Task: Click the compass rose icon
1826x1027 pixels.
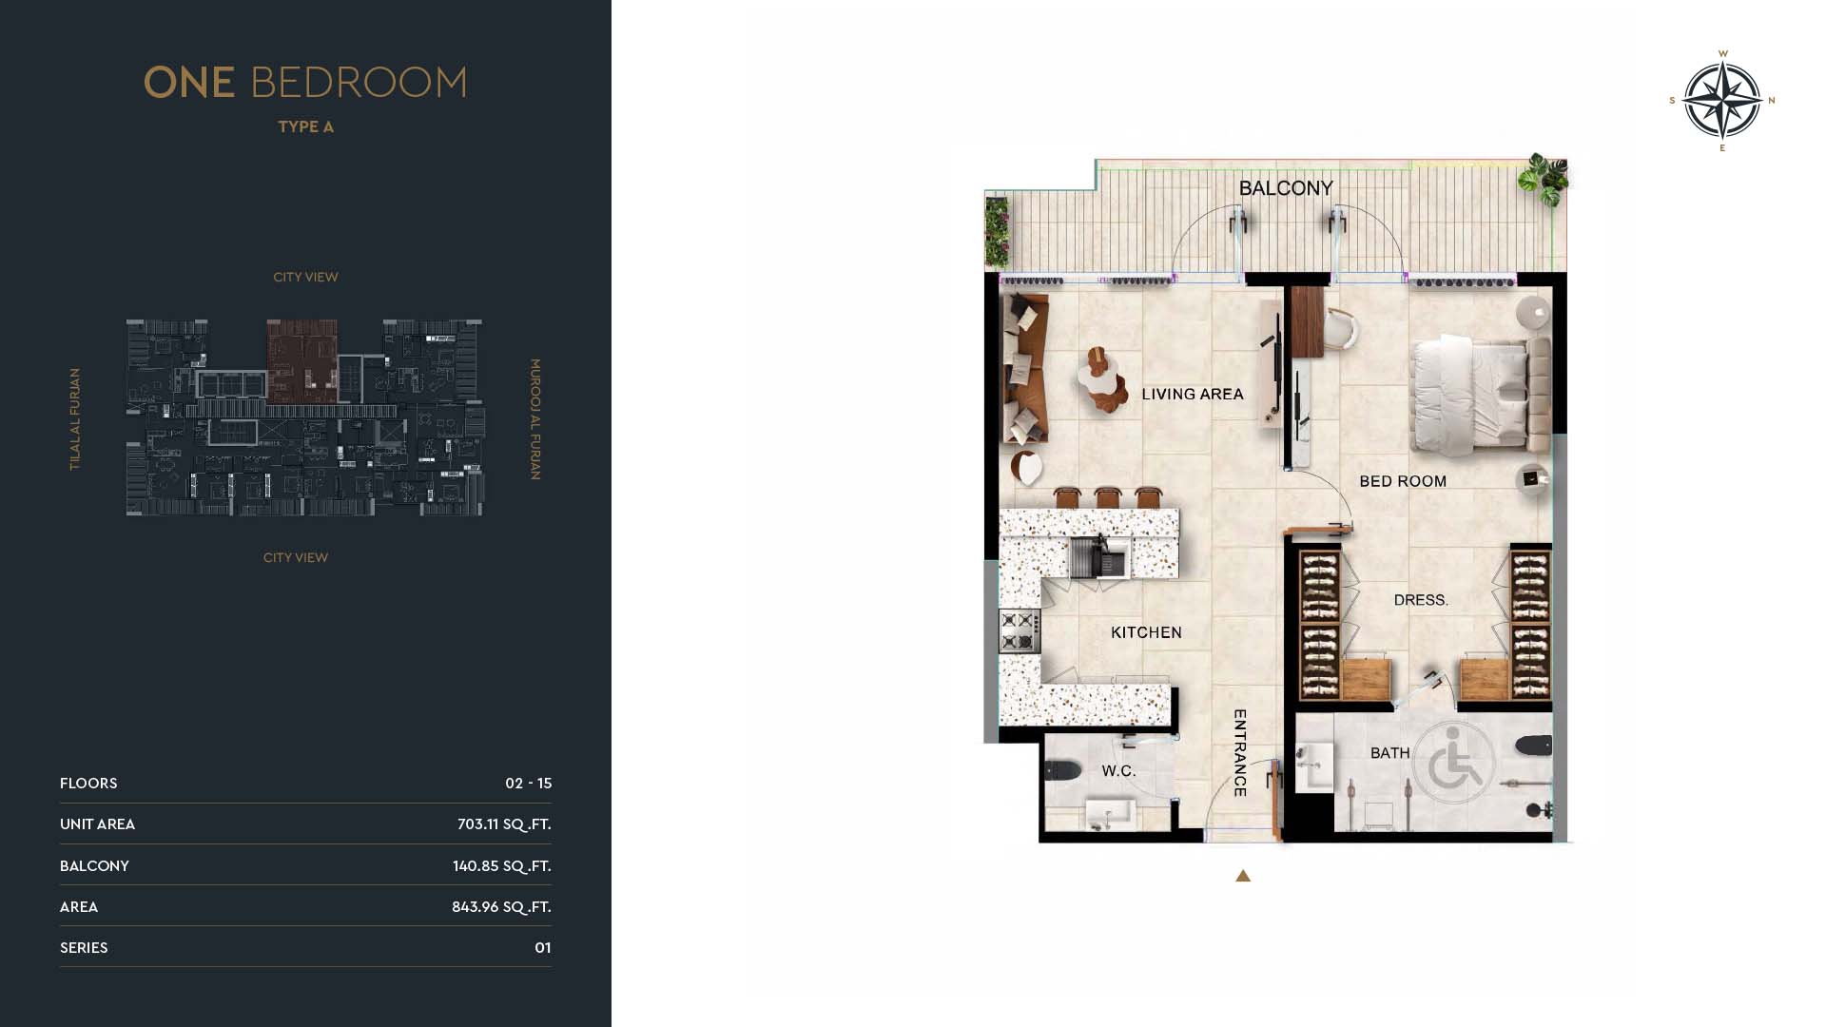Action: [1722, 100]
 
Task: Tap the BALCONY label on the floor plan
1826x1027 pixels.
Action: [1286, 188]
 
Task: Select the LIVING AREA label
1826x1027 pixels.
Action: [1193, 394]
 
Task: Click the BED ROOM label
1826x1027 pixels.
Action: [1403, 481]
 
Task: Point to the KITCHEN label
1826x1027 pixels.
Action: [1146, 632]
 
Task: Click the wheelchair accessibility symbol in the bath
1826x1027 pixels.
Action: [1453, 760]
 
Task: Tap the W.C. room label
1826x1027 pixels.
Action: [1118, 770]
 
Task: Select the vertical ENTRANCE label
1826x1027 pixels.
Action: [1240, 753]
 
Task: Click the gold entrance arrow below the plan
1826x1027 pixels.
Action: [1243, 876]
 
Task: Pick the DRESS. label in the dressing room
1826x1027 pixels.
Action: [1421, 600]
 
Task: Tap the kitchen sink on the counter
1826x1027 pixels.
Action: [1099, 558]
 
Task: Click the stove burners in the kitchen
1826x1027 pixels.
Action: [1019, 631]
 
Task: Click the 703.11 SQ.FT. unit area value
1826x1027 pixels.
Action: [504, 824]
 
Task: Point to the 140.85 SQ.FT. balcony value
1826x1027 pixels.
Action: [502, 866]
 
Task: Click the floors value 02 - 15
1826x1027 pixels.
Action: [529, 784]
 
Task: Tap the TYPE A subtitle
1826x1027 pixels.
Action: [305, 126]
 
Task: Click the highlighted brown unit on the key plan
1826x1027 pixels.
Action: [302, 360]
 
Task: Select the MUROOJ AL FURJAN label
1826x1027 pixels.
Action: [535, 419]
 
